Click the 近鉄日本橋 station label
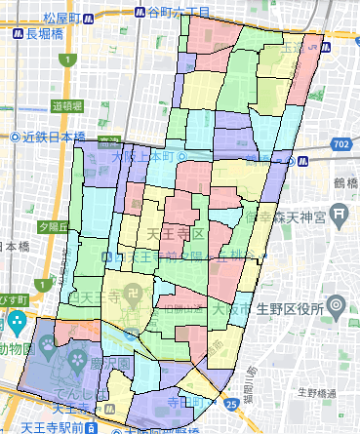(49, 137)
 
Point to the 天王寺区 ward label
(173, 237)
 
